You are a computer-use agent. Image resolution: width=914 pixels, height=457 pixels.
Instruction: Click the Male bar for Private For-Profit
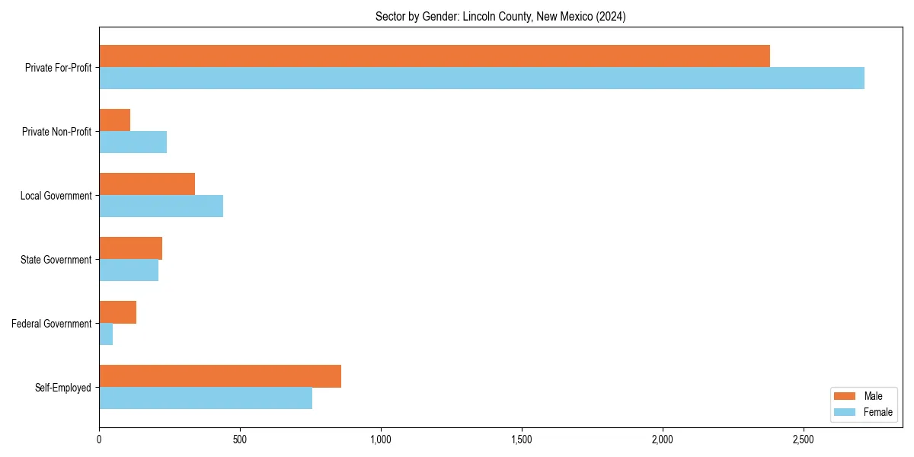434,56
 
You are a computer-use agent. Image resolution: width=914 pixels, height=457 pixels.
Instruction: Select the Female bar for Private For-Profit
481,78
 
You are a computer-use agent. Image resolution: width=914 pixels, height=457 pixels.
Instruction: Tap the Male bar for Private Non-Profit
114,120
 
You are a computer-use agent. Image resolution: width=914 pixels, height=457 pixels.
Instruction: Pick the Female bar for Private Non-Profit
133,142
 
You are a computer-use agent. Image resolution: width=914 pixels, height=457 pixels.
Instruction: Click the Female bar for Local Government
161,206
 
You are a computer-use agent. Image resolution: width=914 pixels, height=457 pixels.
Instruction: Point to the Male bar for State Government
130,248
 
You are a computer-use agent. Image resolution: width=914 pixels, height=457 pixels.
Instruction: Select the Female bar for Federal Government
106,334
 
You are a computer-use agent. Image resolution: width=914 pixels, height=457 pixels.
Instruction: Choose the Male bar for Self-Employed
220,376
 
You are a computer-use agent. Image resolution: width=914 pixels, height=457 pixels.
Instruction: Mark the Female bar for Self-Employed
206,398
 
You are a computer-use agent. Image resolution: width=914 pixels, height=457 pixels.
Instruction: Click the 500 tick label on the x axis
240,439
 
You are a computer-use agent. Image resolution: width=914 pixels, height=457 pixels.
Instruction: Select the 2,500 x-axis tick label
804,439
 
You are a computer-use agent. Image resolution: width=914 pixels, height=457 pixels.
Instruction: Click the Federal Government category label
52,324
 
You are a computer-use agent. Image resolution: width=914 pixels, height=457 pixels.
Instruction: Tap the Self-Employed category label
63,388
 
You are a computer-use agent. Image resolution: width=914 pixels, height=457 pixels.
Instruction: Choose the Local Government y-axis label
56,196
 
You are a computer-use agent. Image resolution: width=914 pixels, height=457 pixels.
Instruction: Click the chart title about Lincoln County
500,17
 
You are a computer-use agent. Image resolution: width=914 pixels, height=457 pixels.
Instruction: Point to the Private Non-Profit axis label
57,132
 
